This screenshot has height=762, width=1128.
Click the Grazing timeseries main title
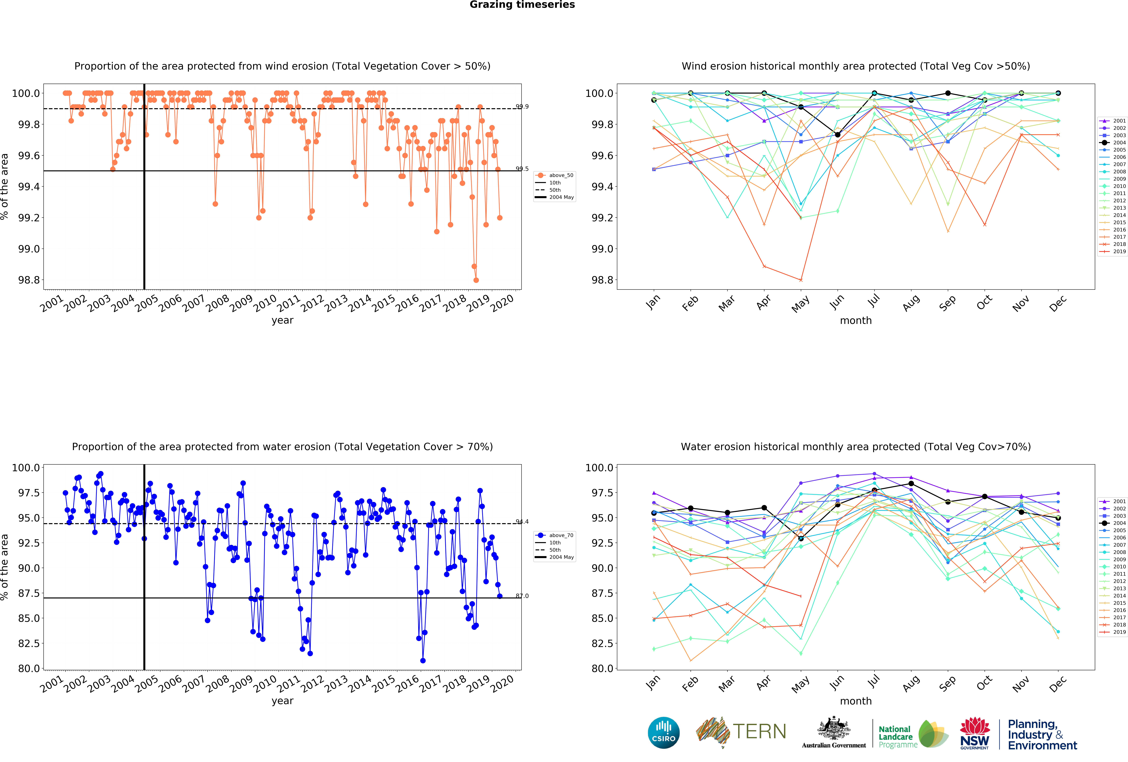pos(522,5)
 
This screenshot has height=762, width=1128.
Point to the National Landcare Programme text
pos(898,737)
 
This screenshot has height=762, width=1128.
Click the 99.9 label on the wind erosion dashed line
pos(522,107)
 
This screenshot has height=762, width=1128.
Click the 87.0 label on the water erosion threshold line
pos(522,596)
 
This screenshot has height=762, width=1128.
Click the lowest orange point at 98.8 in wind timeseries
pos(476,280)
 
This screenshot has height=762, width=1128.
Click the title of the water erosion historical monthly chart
pos(856,447)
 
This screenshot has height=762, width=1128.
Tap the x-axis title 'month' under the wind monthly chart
pos(856,320)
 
